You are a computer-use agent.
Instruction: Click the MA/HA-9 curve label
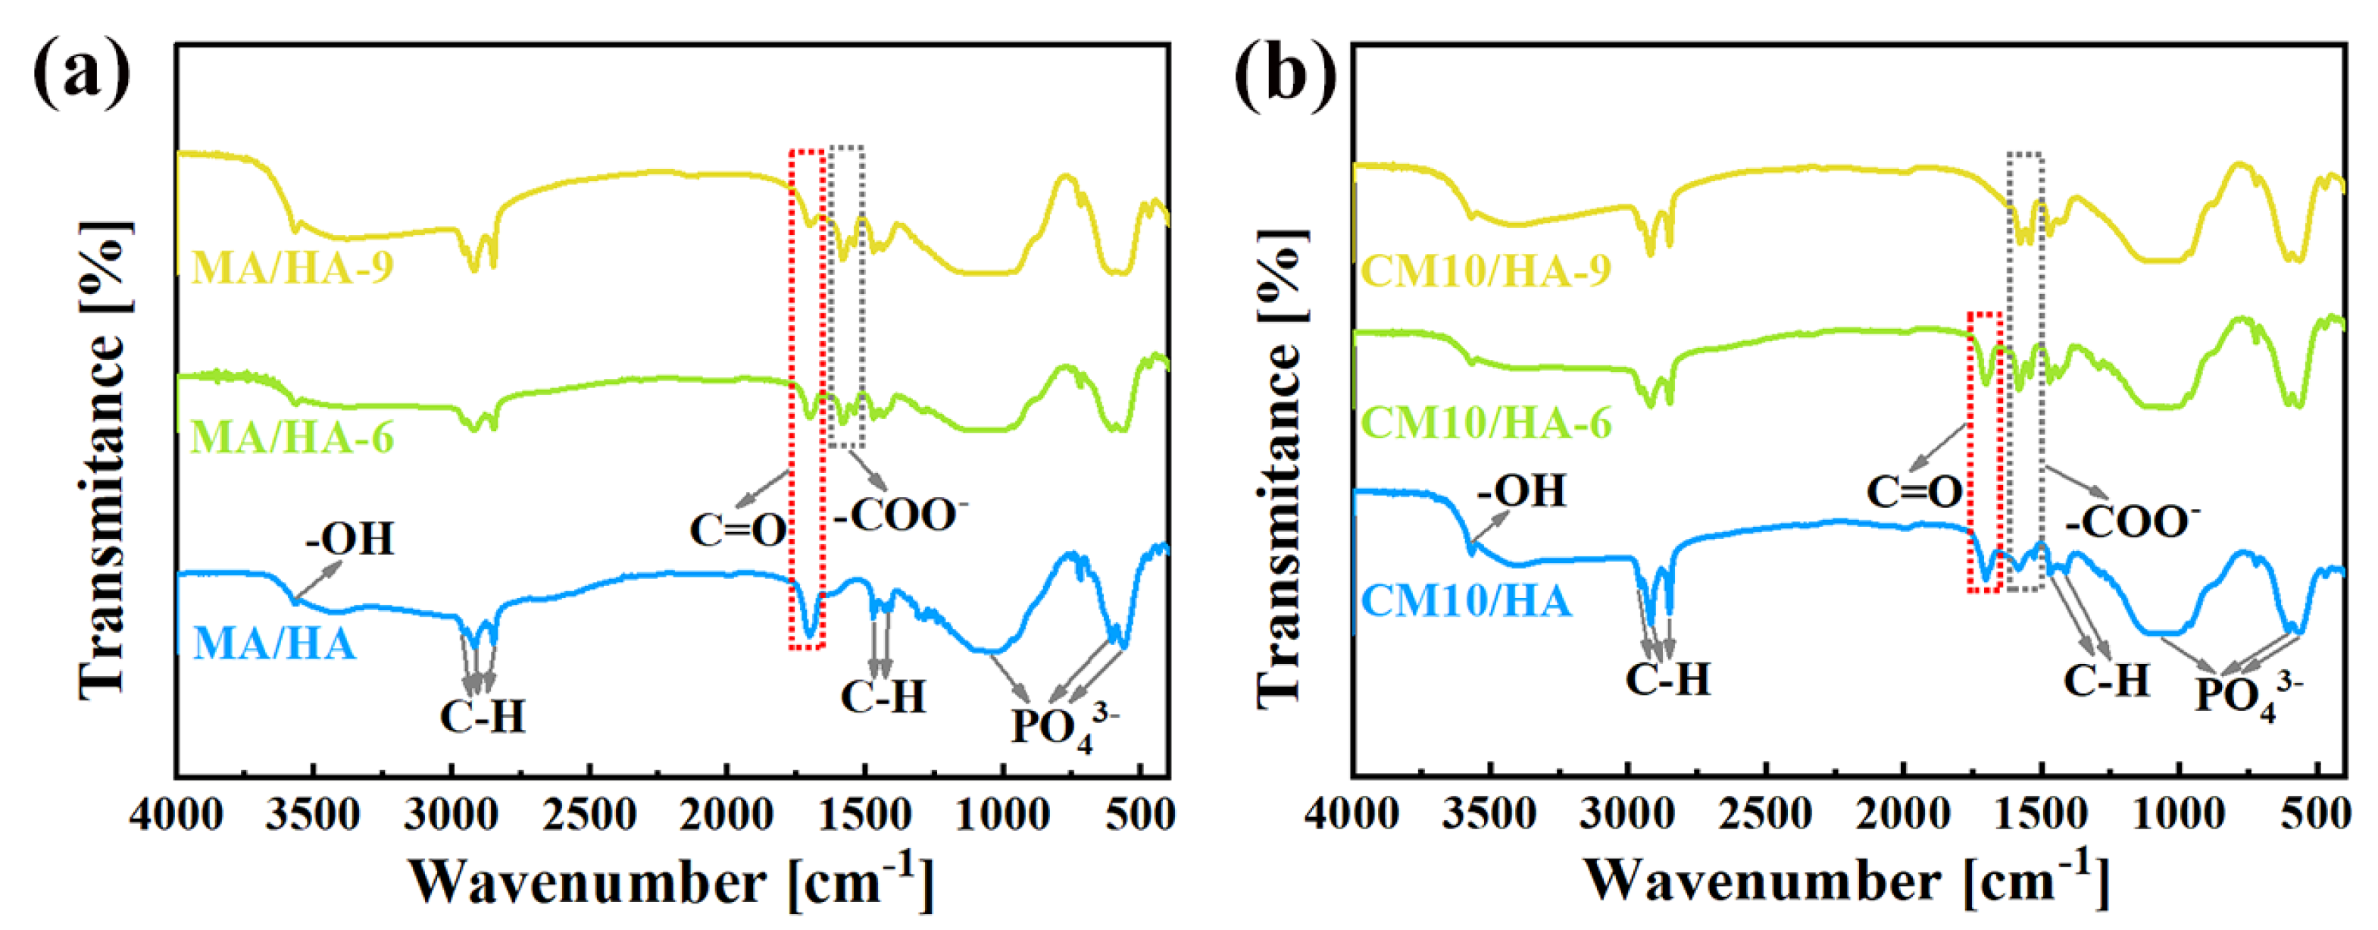(292, 268)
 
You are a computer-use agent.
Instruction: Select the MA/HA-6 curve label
(292, 437)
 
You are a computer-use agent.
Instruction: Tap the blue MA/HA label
(274, 643)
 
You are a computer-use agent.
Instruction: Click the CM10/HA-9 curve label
(1486, 271)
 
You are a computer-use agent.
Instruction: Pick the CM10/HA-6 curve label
(1486, 423)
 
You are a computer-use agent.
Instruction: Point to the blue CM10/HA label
(1466, 601)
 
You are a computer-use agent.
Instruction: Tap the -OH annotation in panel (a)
(350, 538)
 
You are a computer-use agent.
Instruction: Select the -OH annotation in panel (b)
(1521, 490)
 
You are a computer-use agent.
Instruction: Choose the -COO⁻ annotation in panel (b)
(2133, 521)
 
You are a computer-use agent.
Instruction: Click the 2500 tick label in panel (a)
(589, 816)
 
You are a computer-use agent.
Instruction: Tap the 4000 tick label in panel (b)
(1351, 816)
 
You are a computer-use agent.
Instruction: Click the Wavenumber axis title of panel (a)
(671, 881)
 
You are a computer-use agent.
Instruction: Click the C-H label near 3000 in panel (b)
(1667, 680)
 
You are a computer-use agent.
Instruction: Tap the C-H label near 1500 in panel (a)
(883, 697)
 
